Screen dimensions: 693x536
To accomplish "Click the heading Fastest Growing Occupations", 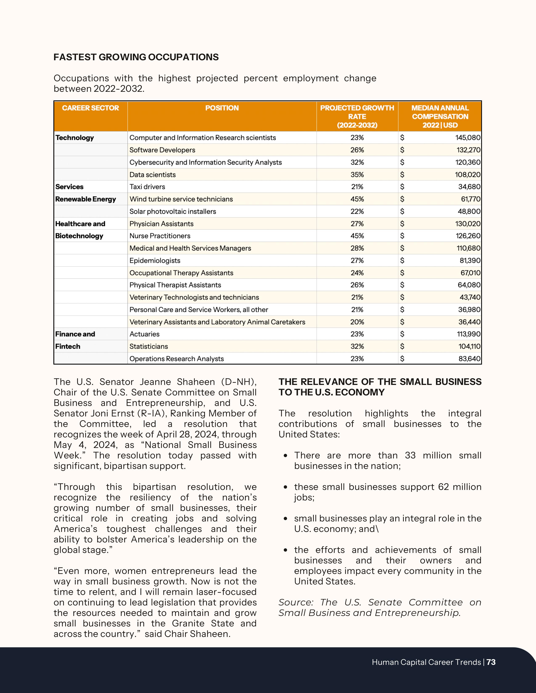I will click(x=136, y=57).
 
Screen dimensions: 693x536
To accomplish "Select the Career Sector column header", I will click(x=91, y=108).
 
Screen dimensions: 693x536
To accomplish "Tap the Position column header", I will click(x=222, y=108).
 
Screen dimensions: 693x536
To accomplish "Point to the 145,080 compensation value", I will click(x=468, y=138).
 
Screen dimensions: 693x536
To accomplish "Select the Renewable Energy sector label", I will click(x=85, y=199).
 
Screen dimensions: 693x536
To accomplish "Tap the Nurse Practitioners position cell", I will click(x=160, y=236).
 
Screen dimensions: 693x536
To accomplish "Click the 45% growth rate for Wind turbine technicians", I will click(x=357, y=199).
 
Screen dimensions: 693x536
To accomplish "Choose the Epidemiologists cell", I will click(x=155, y=261).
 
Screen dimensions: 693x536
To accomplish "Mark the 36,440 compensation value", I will click(x=469, y=322).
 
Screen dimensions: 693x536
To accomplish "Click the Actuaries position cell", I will click(x=144, y=334).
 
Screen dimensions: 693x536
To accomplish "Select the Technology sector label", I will click(x=75, y=138).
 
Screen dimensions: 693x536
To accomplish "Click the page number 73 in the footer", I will click(x=491, y=662).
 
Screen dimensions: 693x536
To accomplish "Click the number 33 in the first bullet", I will click(x=410, y=456).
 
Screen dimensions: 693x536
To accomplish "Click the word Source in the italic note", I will click(x=296, y=602).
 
